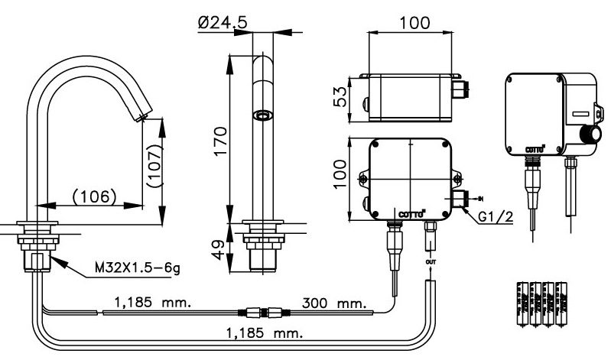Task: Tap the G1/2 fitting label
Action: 495,217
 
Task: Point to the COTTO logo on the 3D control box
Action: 535,148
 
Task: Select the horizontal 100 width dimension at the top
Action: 414,23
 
